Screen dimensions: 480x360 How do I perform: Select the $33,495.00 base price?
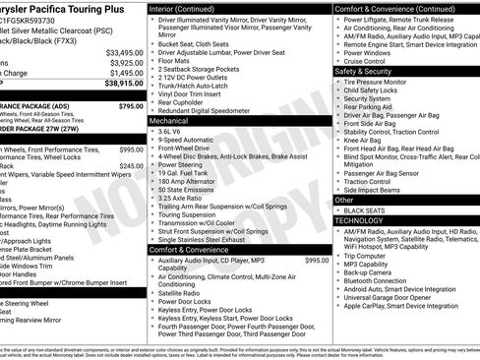click(125, 52)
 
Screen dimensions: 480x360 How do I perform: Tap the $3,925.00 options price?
click(125, 63)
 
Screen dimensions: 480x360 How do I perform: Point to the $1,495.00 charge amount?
click(125, 74)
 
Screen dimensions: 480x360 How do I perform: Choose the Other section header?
click(344, 200)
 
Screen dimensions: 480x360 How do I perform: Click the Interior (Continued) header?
click(189, 8)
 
